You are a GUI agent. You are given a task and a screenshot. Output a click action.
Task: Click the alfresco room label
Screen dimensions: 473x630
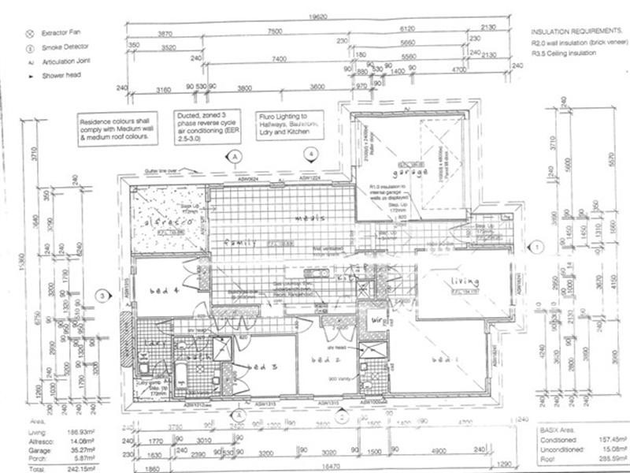click(x=164, y=223)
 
